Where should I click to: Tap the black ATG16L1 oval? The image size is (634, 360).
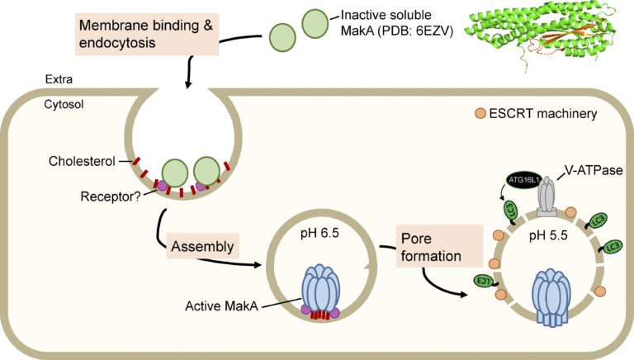point(514,180)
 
